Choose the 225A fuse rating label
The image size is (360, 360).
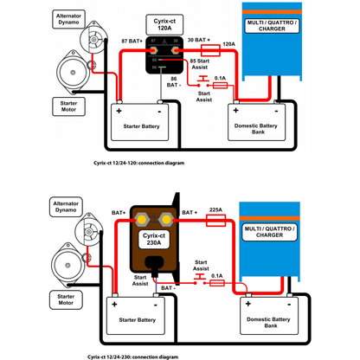tap(215, 209)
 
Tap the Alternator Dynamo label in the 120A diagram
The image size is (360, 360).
tap(69, 19)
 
